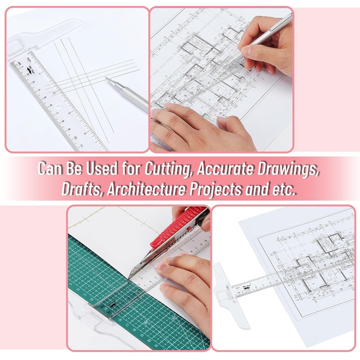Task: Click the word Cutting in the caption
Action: click(x=167, y=168)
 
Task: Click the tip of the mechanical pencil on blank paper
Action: click(x=106, y=78)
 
